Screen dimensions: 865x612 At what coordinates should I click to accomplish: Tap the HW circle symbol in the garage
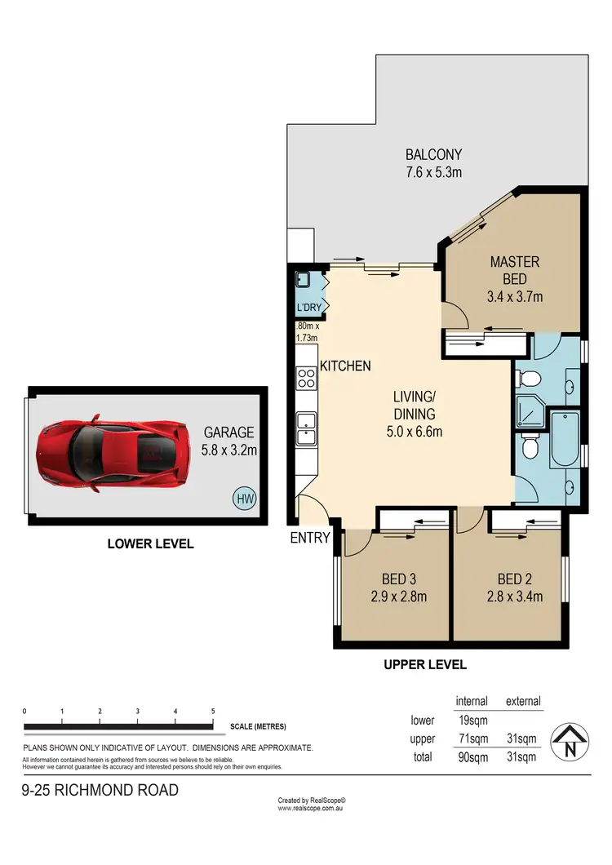coord(243,497)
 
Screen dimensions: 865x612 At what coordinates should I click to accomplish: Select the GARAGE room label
coord(228,432)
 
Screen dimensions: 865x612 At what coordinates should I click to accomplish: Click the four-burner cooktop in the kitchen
coord(306,378)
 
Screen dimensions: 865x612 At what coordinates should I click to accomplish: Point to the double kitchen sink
coord(306,428)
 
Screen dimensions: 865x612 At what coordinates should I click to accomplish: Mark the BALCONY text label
coord(434,154)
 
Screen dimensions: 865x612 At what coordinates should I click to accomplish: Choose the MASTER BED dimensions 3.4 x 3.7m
coord(514,296)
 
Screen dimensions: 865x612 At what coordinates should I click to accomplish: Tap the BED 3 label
coord(395,579)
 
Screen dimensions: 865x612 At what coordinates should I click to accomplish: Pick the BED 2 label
coord(510,579)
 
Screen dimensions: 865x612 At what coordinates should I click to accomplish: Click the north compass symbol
coord(570,743)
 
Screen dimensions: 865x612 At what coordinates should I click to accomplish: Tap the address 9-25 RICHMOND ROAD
coord(100,790)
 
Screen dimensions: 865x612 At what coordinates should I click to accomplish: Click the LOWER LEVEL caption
coord(151,543)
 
